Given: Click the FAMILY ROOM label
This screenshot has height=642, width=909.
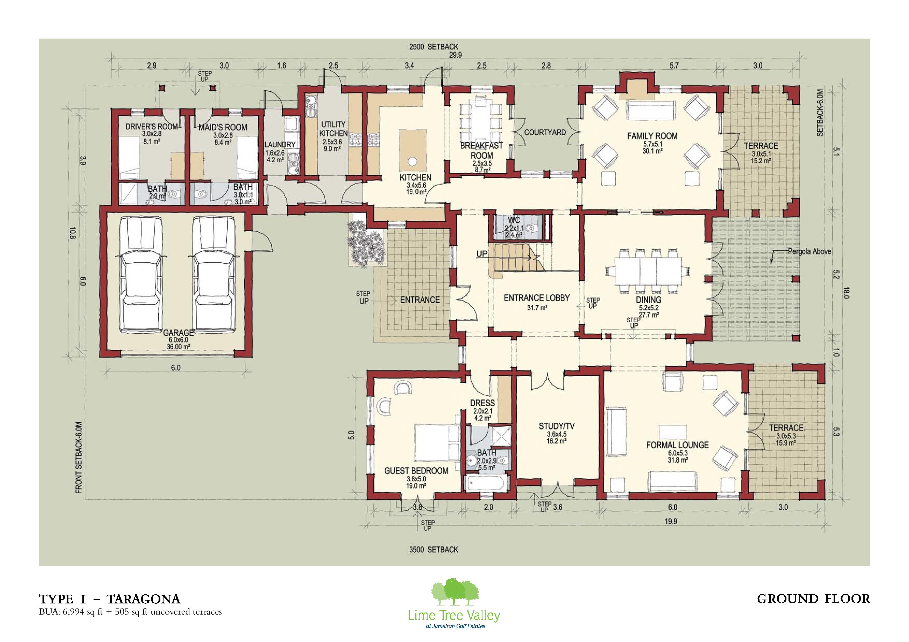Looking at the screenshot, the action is [652, 136].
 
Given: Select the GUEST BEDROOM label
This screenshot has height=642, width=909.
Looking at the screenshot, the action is [416, 471].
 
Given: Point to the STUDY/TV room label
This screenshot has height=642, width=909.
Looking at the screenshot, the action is [556, 426].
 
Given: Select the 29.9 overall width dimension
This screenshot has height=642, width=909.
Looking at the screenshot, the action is [455, 55].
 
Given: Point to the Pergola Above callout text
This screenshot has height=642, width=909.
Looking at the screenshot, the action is [809, 252].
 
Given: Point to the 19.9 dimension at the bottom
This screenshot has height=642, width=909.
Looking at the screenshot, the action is [671, 521].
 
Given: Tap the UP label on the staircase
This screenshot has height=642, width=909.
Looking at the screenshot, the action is [482, 253].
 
